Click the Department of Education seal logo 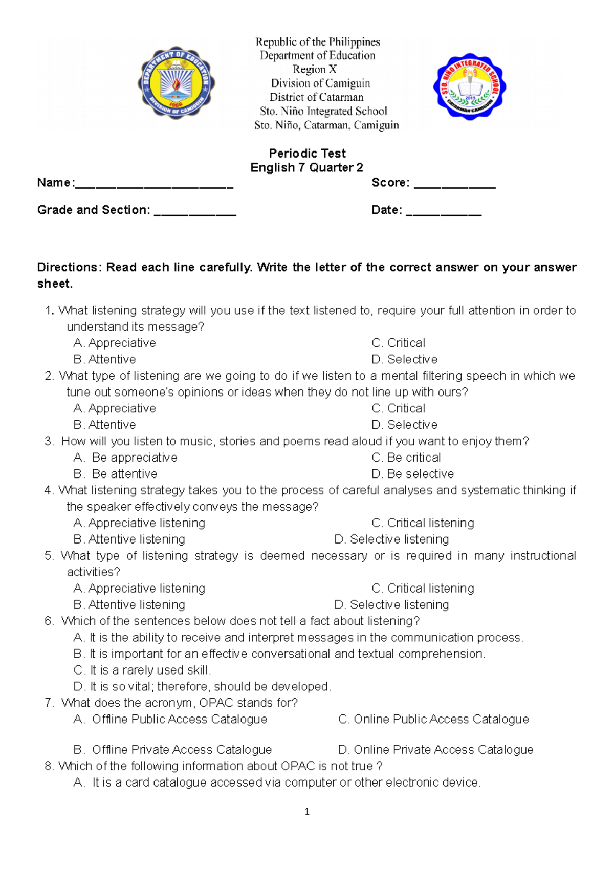176,83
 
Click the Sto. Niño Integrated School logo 469,86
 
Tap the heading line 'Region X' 314,69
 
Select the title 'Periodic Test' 307,153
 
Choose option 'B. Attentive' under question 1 105,359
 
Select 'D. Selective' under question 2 404,425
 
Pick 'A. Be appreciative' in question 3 126,458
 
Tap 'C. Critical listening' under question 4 423,523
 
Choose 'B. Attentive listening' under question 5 129,604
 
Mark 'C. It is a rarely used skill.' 142,670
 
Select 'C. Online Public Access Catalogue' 433,719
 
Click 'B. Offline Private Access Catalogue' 173,749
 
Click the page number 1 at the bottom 307,811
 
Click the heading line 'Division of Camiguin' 320,83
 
